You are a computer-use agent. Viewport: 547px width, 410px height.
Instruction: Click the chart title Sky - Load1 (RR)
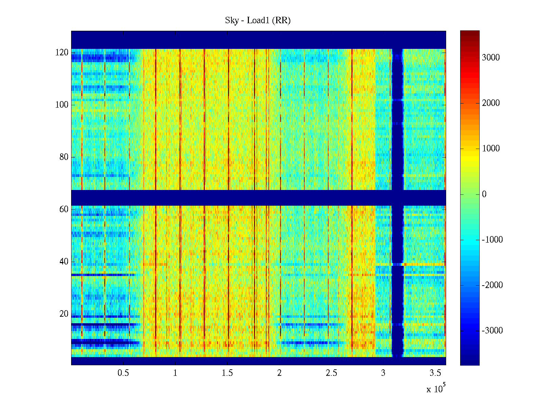(x=258, y=20)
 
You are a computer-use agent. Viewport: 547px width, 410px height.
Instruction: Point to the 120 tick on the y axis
(x=62, y=53)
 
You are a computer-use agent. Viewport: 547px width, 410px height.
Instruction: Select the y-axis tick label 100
(x=62, y=105)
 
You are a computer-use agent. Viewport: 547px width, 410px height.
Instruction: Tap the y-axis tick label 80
(x=64, y=157)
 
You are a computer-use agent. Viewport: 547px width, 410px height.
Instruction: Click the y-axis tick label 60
(x=64, y=209)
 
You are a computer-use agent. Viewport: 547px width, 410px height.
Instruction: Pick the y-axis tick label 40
(x=64, y=262)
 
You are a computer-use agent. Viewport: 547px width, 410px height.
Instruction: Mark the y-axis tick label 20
(x=64, y=314)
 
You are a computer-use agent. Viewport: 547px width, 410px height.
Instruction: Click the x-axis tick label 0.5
(x=123, y=373)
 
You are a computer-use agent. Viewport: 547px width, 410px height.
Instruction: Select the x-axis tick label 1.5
(x=227, y=373)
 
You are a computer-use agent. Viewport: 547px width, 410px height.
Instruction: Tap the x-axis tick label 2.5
(x=331, y=373)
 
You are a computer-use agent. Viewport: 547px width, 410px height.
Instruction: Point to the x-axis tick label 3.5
(x=435, y=373)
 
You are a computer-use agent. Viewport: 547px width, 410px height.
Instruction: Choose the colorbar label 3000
(x=491, y=58)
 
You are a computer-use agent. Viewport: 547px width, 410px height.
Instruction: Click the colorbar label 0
(x=484, y=194)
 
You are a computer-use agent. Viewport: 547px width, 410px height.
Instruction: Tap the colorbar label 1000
(x=491, y=149)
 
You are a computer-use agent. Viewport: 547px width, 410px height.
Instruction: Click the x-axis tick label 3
(x=383, y=373)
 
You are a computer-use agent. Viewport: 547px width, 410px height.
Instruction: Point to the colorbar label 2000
(x=491, y=103)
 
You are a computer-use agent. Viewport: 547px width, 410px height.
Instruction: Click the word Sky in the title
(x=232, y=20)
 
